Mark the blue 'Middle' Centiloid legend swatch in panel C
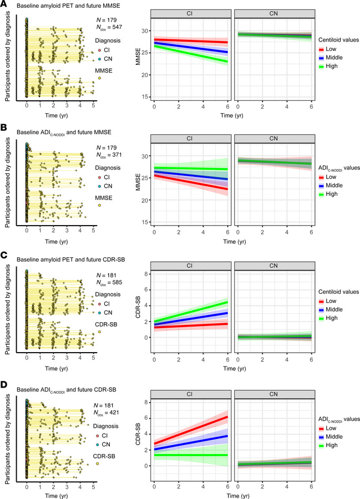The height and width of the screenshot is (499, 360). click(322, 309)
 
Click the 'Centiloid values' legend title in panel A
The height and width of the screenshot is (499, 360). click(337, 40)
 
